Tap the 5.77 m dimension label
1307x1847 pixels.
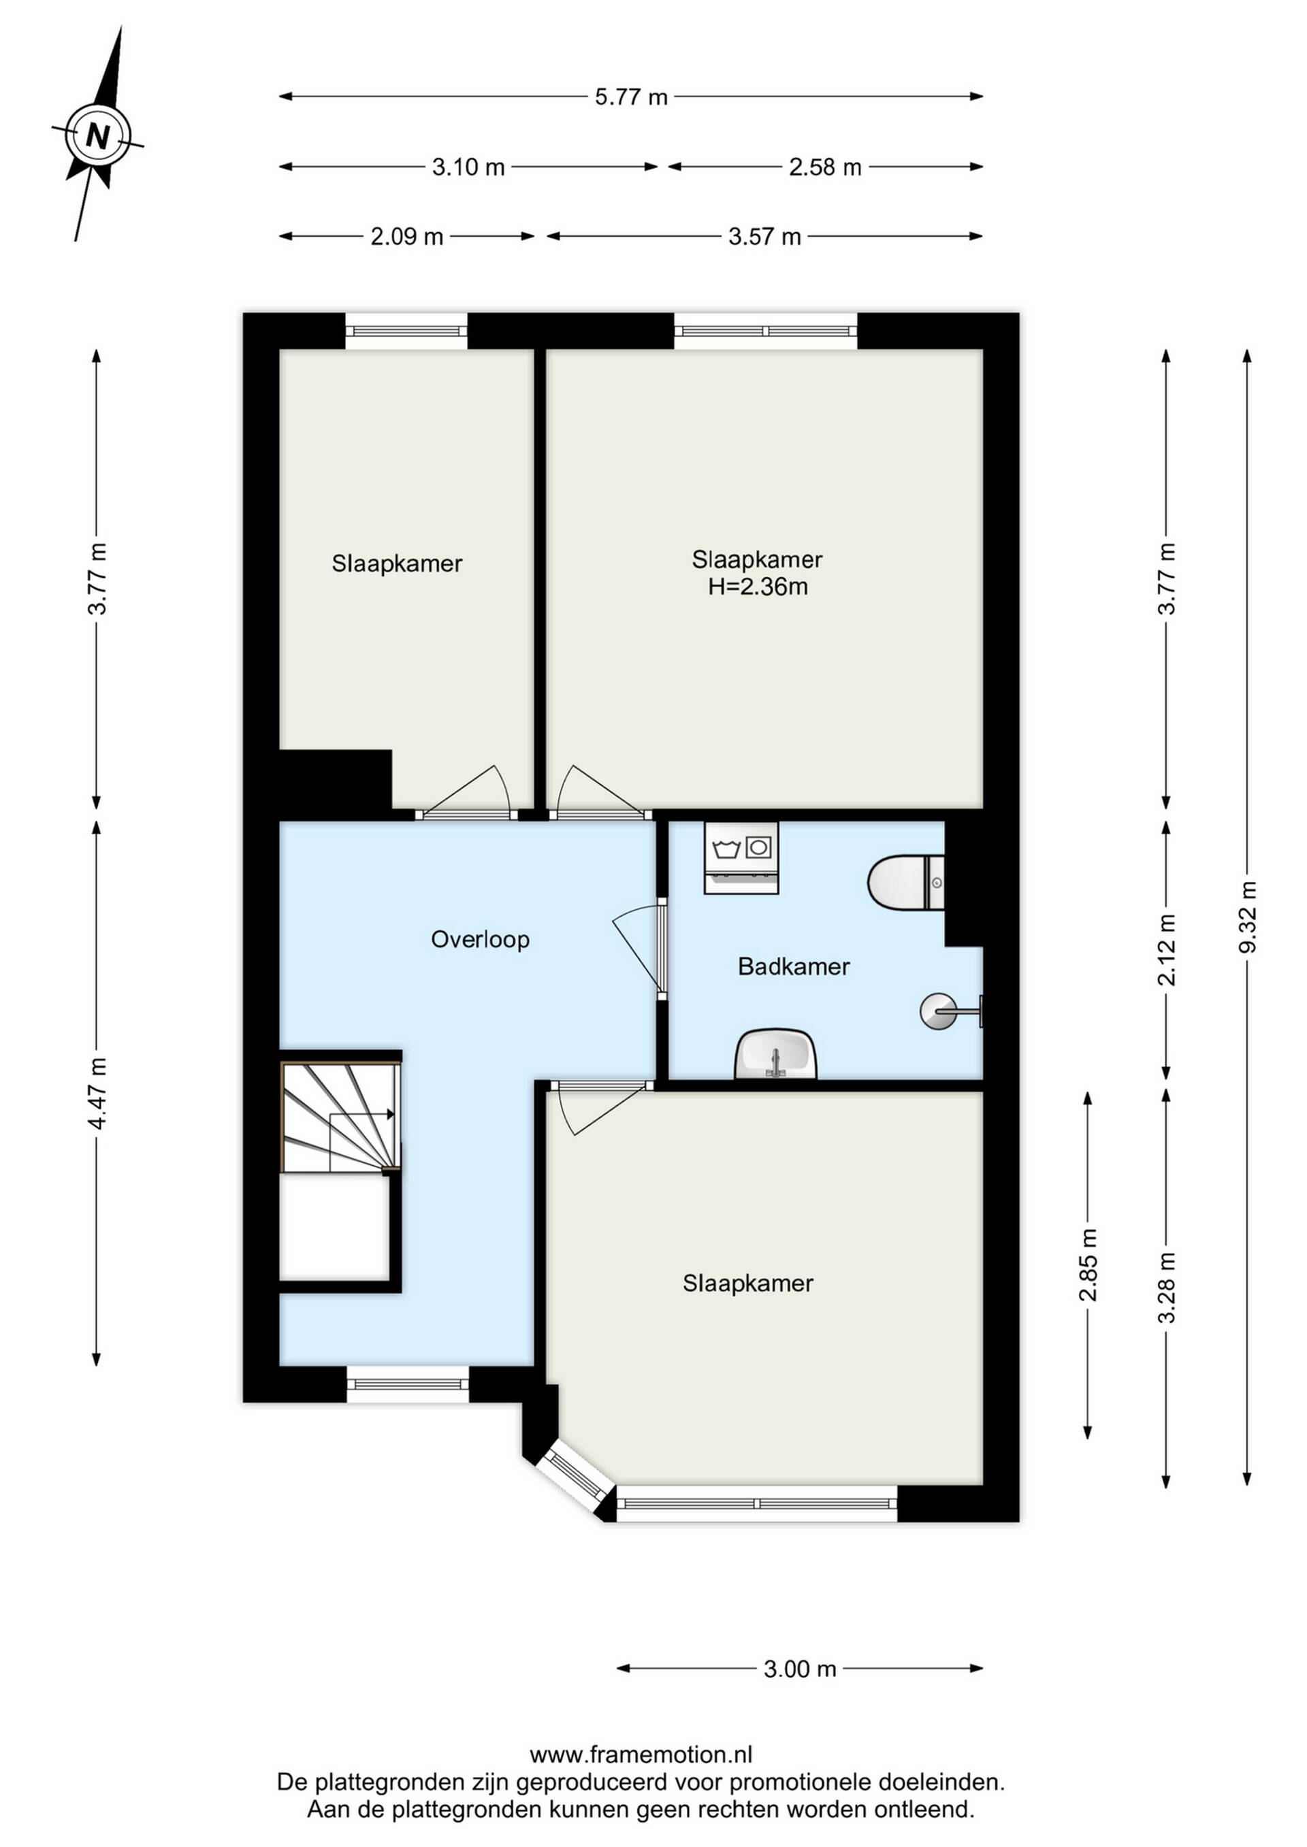tap(631, 97)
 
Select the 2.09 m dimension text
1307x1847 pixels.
tap(406, 238)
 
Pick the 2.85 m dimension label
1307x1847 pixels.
tap(1087, 1264)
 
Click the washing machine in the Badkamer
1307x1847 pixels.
tap(741, 857)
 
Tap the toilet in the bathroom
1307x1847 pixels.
tap(906, 883)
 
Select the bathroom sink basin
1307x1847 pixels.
tap(776, 1055)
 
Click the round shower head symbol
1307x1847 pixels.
tap(939, 1011)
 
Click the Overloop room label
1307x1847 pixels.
tap(481, 940)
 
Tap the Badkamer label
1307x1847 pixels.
tap(794, 966)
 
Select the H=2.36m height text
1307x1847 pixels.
tap(758, 587)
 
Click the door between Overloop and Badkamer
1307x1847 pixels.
tap(641, 949)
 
